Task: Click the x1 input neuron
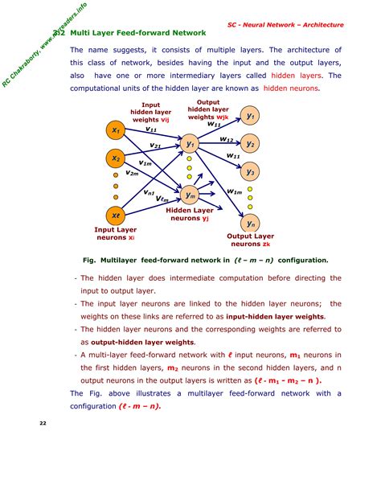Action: [117, 130]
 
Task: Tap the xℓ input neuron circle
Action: [117, 216]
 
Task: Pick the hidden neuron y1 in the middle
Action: [190, 145]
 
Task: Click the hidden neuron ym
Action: [190, 195]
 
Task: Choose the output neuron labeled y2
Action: [251, 144]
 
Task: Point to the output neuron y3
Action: [251, 171]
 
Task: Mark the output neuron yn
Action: [251, 224]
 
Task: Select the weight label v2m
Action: [133, 173]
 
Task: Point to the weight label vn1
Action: [150, 192]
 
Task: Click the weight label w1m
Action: [234, 191]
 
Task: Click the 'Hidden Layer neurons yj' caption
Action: [190, 214]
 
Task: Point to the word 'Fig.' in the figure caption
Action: [89, 261]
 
